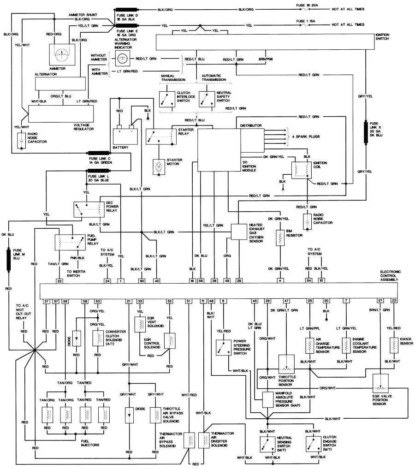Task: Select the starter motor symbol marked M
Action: tap(158, 165)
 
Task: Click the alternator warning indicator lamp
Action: tap(122, 59)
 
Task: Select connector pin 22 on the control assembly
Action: tap(59, 280)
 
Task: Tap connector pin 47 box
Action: tap(286, 301)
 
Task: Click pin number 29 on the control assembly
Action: tap(239, 280)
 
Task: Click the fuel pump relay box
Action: tap(70, 242)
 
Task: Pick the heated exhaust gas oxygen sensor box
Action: tap(239, 232)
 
